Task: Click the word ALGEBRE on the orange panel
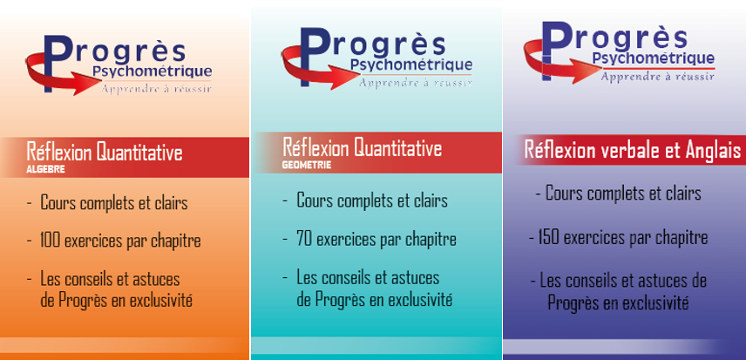(x=45, y=169)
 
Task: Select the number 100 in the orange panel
(x=50, y=241)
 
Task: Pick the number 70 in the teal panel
(x=304, y=239)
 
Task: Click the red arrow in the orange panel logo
(x=62, y=75)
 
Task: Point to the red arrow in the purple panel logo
(x=562, y=62)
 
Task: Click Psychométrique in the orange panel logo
(x=152, y=71)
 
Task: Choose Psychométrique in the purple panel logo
(x=654, y=59)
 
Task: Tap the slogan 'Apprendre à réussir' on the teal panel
(x=416, y=83)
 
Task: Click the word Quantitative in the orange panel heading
(x=139, y=153)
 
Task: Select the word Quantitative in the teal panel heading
(x=397, y=148)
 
